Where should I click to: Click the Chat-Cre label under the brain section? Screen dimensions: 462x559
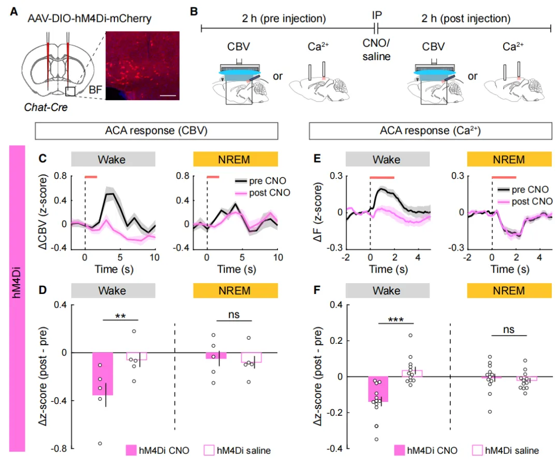(43, 107)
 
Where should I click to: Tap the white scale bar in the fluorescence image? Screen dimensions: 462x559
(169, 95)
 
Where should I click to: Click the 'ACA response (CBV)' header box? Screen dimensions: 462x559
(157, 131)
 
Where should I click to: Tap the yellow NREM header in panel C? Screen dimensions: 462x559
(236, 159)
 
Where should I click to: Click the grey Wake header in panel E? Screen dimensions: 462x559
(387, 159)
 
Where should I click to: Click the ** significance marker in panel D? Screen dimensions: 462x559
(122, 315)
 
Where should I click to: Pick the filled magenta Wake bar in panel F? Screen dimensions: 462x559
(378, 389)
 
